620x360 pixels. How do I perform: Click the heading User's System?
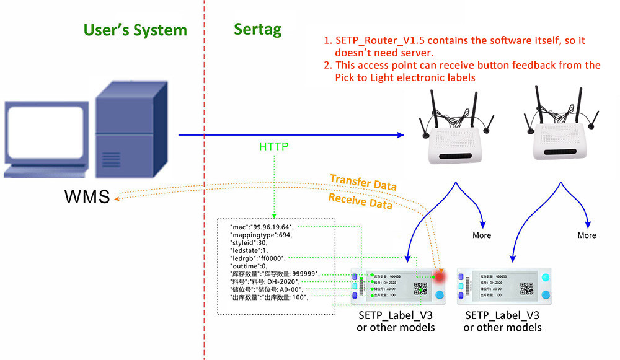[135, 29]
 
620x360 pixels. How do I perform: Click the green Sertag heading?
[258, 29]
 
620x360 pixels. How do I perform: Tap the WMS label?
[87, 197]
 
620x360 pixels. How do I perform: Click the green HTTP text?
[275, 147]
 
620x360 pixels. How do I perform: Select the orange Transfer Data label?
[363, 182]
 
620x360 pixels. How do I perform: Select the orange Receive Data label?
[360, 201]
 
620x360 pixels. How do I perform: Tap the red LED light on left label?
[441, 274]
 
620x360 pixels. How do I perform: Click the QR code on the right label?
[526, 288]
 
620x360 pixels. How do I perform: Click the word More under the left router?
[481, 235]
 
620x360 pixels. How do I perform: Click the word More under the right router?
[587, 235]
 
